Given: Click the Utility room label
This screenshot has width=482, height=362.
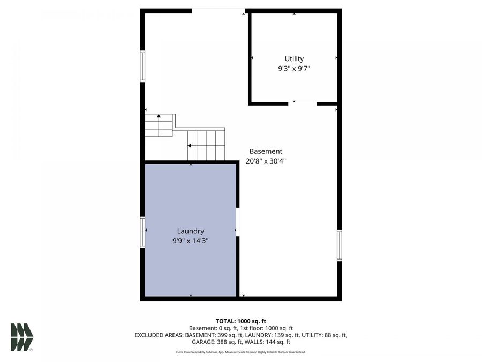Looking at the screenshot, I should tap(294, 59).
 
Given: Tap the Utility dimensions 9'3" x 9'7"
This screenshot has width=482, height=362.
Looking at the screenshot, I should tap(294, 69).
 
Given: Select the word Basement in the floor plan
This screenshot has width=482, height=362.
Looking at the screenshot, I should tap(266, 151).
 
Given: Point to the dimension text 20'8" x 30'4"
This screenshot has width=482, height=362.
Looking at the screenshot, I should tap(266, 161).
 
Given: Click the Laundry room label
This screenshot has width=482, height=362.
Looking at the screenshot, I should tap(190, 231).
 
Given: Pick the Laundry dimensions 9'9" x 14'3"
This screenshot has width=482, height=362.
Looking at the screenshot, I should tap(190, 241).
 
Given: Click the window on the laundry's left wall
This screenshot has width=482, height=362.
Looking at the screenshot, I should tap(142, 232).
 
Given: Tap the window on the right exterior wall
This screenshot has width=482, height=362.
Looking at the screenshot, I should tap(340, 245).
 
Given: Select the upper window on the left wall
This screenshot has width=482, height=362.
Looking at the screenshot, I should tap(142, 65).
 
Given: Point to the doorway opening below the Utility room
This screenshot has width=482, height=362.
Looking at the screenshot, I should tap(303, 103).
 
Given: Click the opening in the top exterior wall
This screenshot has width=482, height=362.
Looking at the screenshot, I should tap(219, 10).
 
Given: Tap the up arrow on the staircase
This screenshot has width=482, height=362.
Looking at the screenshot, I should tap(159, 116).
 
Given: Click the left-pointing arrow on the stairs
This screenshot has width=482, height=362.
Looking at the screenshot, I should tap(190, 145).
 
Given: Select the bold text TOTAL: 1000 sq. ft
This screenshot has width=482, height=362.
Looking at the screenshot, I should tap(240, 320).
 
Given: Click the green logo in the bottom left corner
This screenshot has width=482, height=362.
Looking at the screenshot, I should tap(22, 337).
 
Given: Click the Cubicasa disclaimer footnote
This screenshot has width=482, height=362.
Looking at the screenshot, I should tap(240, 352).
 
